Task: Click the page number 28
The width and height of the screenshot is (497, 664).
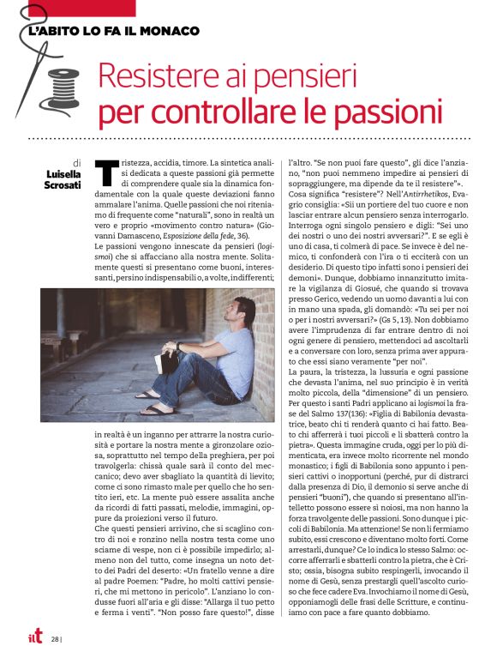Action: [55, 638]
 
